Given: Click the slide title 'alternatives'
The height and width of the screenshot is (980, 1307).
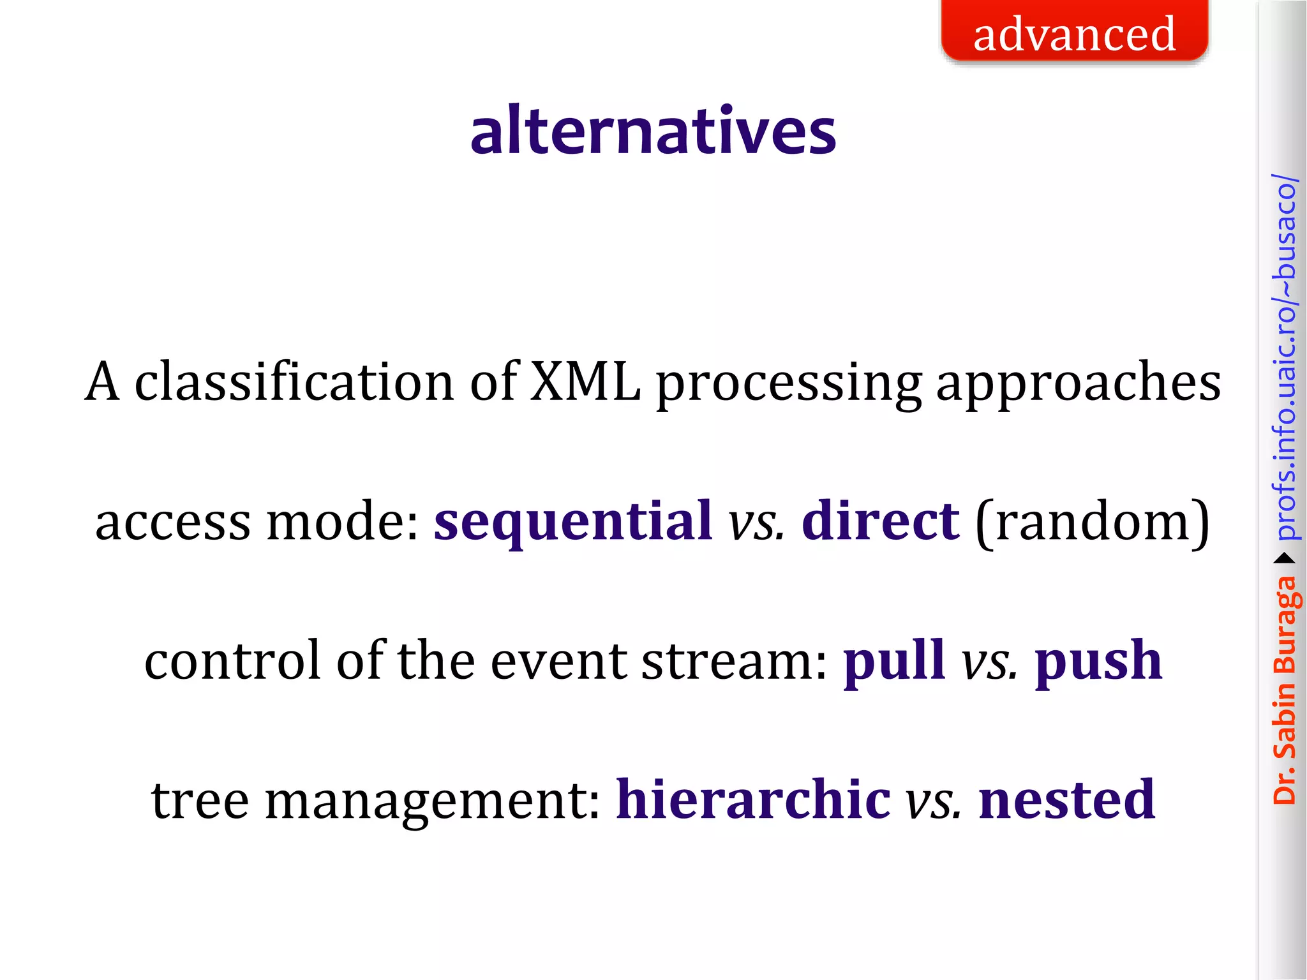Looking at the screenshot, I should point(653,131).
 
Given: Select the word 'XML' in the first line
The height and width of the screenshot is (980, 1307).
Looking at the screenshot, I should point(585,382).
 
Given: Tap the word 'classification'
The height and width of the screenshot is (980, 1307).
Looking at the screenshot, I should point(294,382).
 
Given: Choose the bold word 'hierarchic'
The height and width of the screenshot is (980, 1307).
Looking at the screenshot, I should point(753,799).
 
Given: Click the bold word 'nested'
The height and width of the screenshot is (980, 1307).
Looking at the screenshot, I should point(1066,799).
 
